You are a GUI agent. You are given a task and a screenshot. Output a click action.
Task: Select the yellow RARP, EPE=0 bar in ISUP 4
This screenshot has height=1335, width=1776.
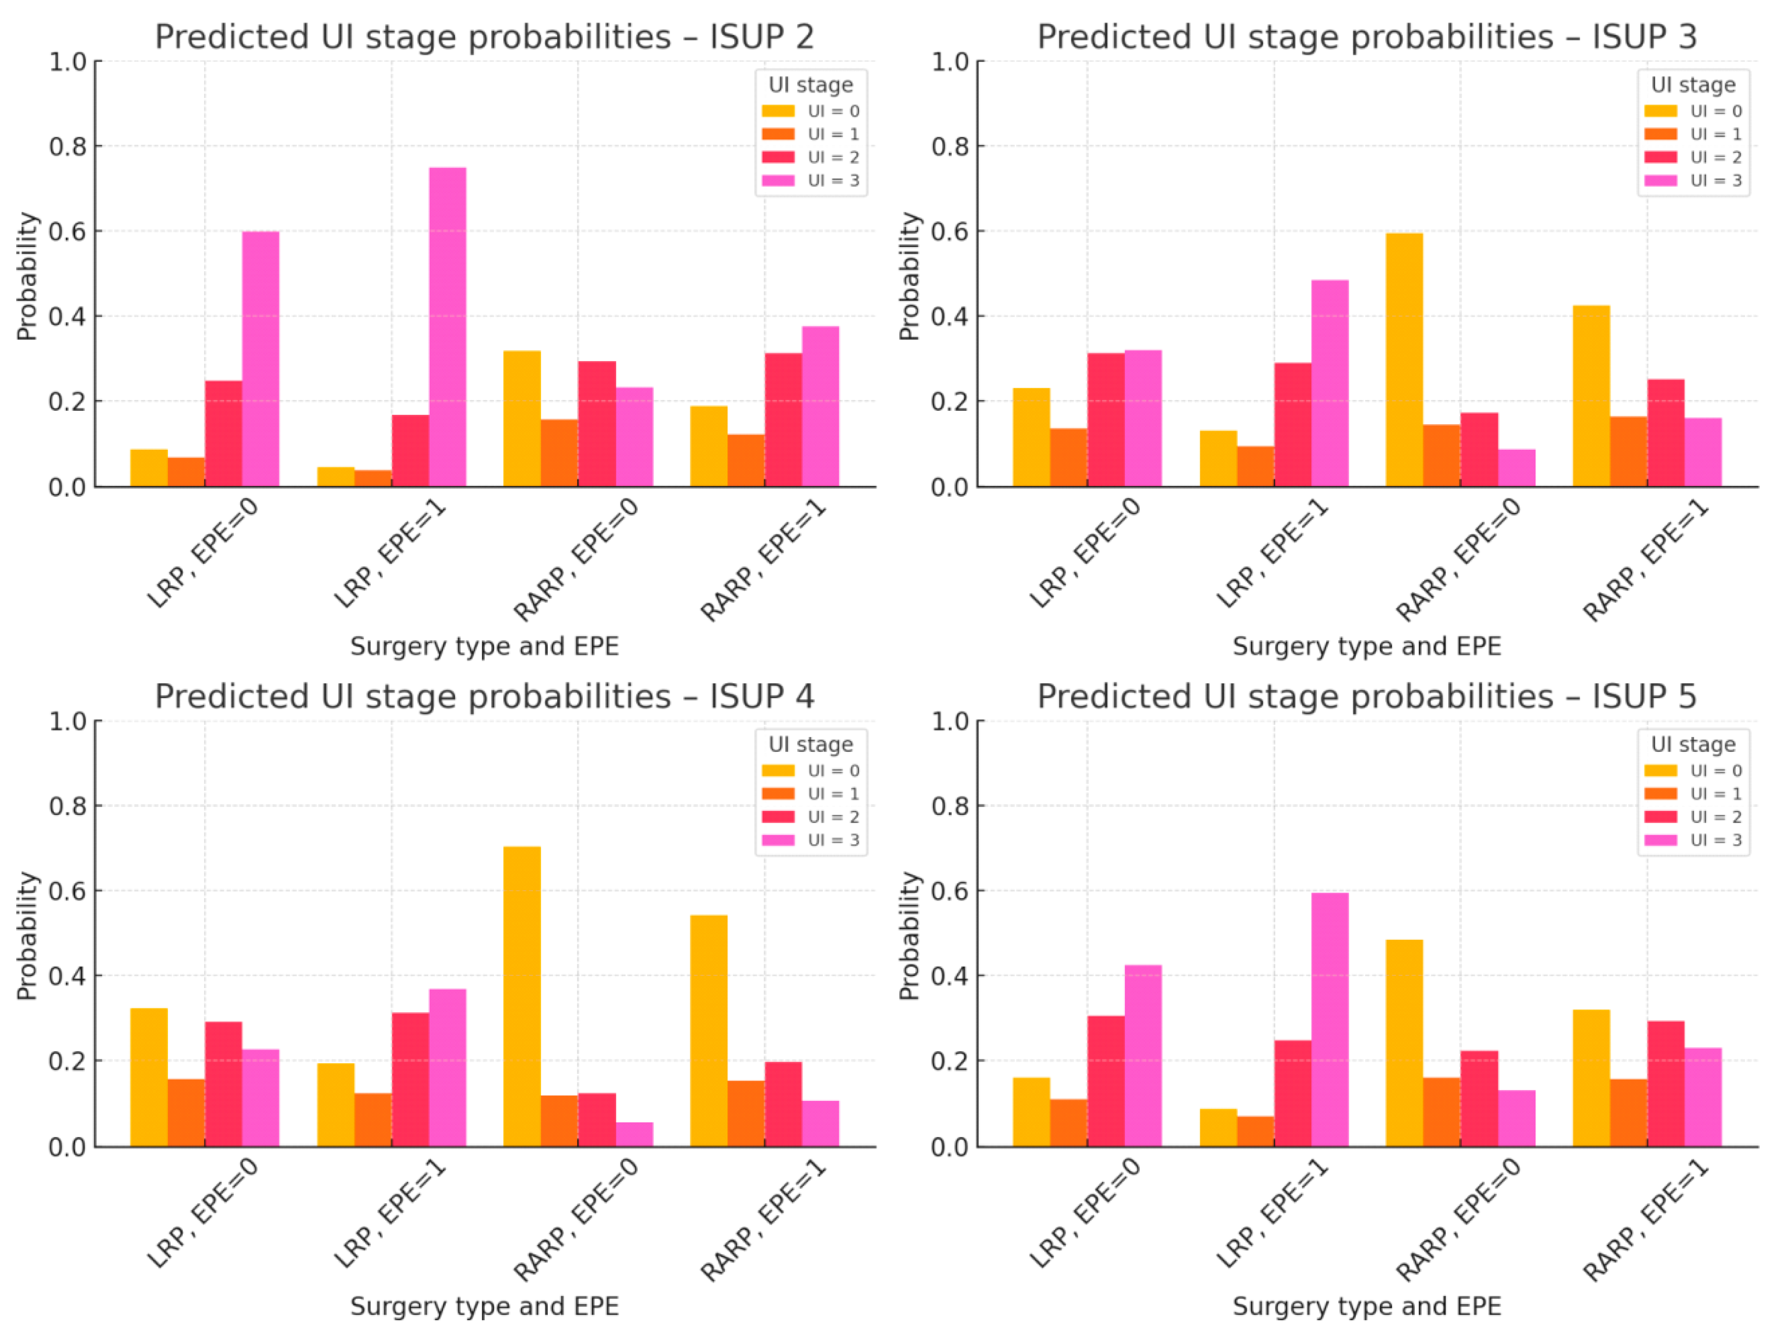click(522, 995)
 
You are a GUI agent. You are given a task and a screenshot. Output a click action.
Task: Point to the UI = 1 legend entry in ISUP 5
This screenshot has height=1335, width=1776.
click(1694, 793)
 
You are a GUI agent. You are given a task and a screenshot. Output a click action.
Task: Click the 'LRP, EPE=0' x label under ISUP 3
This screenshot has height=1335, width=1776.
click(1084, 554)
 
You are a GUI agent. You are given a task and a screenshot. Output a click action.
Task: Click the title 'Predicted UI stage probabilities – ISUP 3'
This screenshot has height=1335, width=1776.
click(1367, 37)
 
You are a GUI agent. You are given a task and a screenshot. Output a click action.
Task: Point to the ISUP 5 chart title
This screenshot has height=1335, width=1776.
click(1367, 696)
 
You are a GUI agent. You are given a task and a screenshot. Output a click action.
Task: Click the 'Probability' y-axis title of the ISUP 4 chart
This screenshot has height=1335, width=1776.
click(27, 935)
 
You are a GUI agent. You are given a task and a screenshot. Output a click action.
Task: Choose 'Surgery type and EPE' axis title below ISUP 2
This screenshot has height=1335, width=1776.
click(484, 646)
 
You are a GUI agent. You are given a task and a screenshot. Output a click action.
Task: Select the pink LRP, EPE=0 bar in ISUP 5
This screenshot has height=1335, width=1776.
click(1143, 1055)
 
